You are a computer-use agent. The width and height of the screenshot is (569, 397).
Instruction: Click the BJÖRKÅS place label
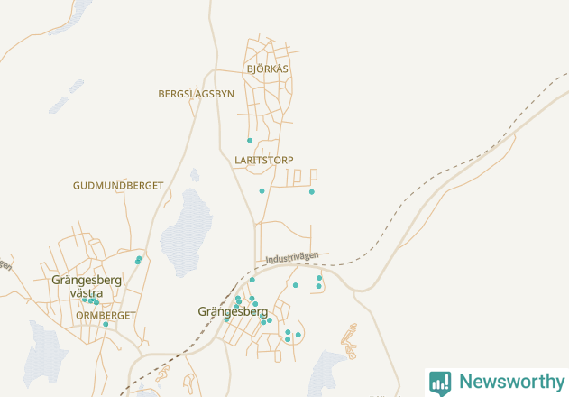(267, 69)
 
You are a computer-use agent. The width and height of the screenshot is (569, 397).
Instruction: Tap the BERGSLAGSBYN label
(196, 94)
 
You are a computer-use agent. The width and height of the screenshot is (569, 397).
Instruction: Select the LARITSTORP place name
(263, 160)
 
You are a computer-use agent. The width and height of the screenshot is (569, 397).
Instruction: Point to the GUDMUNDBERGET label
(118, 185)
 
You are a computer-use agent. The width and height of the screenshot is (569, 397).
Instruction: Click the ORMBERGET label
(106, 316)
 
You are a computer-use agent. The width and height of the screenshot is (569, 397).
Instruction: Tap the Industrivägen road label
(292, 257)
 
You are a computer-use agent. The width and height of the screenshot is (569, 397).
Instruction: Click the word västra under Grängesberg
(86, 293)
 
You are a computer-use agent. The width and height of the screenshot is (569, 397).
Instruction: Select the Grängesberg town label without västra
(233, 311)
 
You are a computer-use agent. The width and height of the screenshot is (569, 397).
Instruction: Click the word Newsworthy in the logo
(511, 382)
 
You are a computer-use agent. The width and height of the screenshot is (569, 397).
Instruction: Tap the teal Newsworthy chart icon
(440, 383)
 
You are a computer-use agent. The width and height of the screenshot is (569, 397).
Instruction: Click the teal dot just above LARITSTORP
(250, 141)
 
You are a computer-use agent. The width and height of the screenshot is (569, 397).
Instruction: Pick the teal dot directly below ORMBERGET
(106, 324)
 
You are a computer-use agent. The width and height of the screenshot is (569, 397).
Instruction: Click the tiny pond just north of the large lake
(195, 174)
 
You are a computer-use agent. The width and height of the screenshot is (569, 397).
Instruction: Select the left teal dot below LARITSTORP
(262, 191)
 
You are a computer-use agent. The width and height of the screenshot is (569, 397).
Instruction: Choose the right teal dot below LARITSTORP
(312, 192)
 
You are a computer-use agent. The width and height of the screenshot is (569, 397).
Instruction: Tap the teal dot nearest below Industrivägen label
(295, 285)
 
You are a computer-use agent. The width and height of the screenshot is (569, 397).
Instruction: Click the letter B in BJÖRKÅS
(249, 69)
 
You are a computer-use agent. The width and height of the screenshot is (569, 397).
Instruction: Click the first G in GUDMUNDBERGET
(77, 185)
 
